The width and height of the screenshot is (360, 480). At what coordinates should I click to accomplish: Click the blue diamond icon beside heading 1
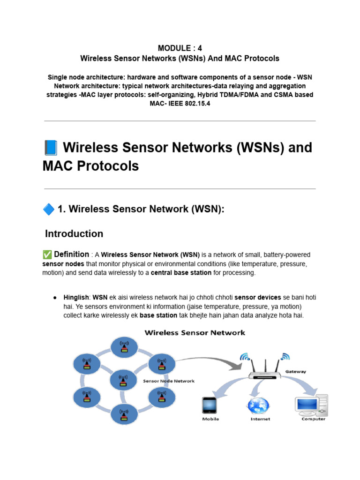[x=48, y=210]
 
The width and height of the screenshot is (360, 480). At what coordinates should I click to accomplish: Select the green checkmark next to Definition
[x=47, y=255]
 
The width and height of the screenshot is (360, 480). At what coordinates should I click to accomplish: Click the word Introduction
[x=74, y=233]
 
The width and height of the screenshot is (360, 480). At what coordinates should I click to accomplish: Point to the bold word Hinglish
[x=76, y=298]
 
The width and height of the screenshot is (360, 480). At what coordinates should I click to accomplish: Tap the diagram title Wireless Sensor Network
[x=195, y=333]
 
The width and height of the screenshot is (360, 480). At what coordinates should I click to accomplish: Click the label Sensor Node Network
[x=169, y=381]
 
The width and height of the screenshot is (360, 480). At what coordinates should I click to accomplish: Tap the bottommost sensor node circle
[x=124, y=414]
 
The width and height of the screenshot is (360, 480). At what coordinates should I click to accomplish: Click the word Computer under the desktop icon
[x=313, y=419]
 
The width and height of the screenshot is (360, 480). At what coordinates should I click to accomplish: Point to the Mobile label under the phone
[x=210, y=419]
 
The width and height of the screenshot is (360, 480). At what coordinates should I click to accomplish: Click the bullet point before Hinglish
[x=55, y=298]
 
